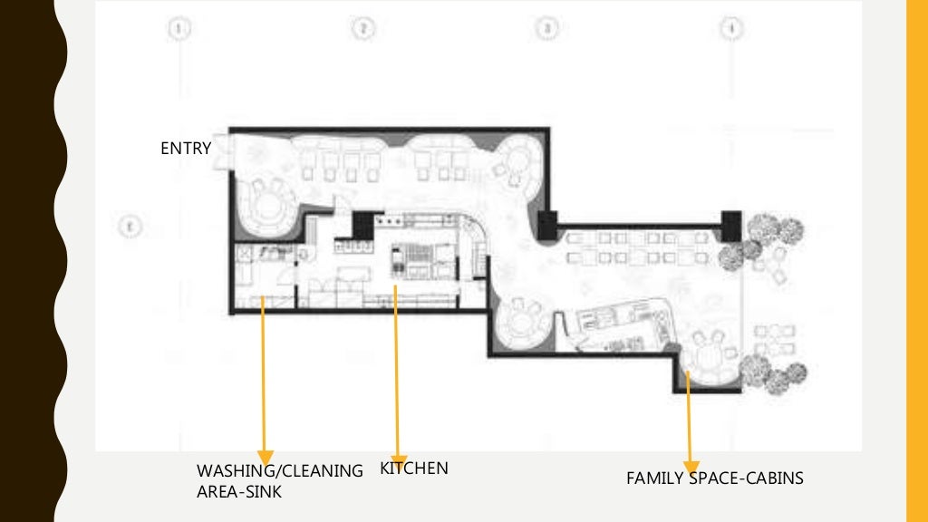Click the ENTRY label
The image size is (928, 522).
click(186, 149)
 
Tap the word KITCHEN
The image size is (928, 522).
click(413, 469)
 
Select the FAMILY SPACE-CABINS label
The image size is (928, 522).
click(714, 478)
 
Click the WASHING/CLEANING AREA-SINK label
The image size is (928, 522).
click(279, 481)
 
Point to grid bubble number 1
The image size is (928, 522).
click(180, 29)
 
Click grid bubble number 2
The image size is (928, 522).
click(362, 29)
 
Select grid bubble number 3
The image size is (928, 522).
click(546, 29)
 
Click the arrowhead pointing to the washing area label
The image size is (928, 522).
click(265, 456)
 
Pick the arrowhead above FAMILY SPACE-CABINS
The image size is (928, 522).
click(691, 464)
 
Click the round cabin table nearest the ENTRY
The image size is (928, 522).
click(266, 204)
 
